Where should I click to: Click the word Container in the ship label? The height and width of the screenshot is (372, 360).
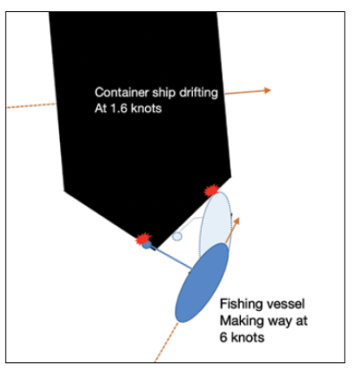(x=122, y=92)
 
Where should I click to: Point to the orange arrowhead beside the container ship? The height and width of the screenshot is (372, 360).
(x=268, y=91)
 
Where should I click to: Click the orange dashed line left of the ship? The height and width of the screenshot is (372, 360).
(x=32, y=105)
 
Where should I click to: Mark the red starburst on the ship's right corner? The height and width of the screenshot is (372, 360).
(x=212, y=190)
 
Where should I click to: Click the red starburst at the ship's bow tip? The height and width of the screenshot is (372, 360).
(x=144, y=239)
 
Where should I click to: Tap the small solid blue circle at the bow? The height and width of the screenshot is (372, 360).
(x=147, y=246)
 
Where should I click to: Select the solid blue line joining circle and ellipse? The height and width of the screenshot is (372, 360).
(x=172, y=258)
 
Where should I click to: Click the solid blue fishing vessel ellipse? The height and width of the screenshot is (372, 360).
(x=202, y=283)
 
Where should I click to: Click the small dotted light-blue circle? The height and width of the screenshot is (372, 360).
(x=177, y=237)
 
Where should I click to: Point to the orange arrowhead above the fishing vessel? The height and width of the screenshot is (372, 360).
(x=236, y=221)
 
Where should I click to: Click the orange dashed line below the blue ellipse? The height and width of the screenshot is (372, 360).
(x=166, y=342)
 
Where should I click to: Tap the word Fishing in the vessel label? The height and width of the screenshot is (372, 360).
(x=238, y=305)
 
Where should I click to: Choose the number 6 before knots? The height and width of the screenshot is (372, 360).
(x=223, y=337)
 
